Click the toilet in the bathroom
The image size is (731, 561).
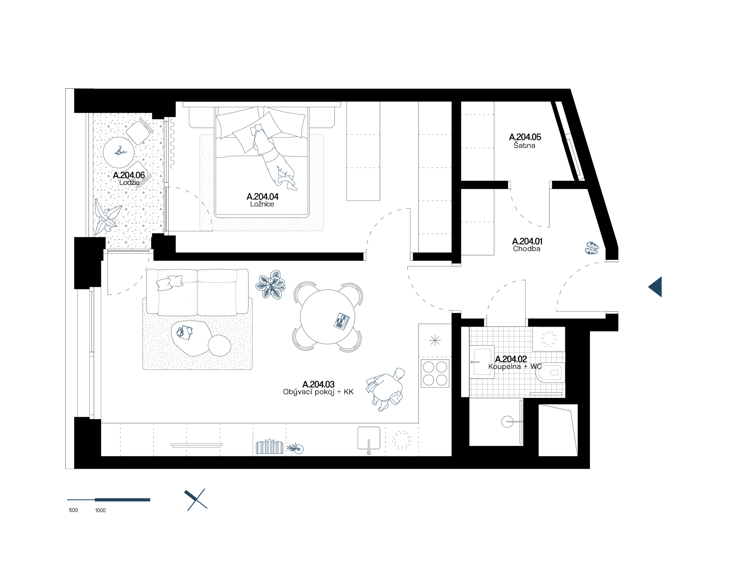[x=550, y=372]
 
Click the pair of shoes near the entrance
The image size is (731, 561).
[x=592, y=248]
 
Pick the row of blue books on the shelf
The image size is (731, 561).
[x=269, y=447]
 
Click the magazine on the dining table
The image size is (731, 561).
[x=342, y=321]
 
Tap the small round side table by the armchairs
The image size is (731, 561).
[x=119, y=152]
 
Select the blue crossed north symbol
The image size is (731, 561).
[x=196, y=500]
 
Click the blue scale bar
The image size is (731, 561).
[x=109, y=500]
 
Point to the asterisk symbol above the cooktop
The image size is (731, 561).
[x=435, y=341]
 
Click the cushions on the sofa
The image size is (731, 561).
[x=170, y=283]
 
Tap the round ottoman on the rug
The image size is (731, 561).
[x=219, y=346]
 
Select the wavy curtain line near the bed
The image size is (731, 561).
[x=172, y=144]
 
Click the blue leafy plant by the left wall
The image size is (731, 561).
[x=107, y=217]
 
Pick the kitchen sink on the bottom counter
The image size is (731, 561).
[x=369, y=438]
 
